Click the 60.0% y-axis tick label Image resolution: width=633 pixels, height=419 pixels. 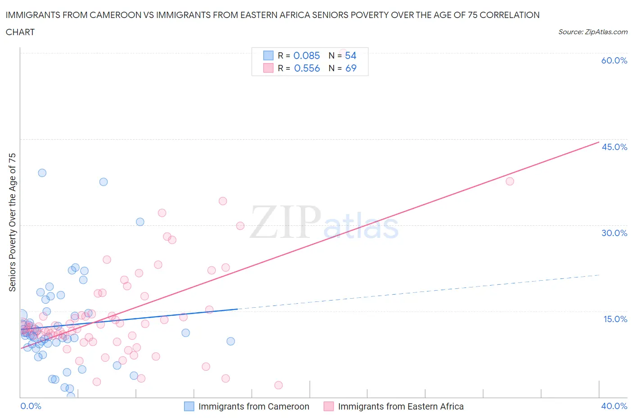coord(614,60)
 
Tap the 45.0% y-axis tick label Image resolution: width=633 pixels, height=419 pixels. coord(614,147)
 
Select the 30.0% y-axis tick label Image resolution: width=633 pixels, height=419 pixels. coord(614,233)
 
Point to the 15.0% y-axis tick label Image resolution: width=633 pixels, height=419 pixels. coord(615,319)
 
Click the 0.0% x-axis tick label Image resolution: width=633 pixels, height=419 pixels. coord(31,406)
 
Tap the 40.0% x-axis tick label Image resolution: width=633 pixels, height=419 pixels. coord(614,406)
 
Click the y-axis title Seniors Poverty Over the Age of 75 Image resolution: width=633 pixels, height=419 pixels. coord(13,222)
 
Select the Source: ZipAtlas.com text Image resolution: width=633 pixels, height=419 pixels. coord(592,32)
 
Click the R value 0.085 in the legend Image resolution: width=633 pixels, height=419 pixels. coord(307,55)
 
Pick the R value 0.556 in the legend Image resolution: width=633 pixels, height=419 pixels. coord(307,68)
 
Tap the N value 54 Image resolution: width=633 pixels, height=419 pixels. coord(350,55)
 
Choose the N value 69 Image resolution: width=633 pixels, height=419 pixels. coord(350,68)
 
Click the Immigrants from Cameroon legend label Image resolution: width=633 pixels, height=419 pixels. coord(253,406)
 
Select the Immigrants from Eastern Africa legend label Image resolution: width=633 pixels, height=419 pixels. coord(400,406)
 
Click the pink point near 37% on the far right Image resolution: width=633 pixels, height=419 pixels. coord(510,181)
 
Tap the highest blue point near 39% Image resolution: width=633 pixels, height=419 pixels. coord(42,173)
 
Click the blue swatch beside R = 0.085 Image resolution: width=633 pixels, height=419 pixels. coord(268,55)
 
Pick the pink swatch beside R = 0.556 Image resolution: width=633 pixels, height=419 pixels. coord(268,68)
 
